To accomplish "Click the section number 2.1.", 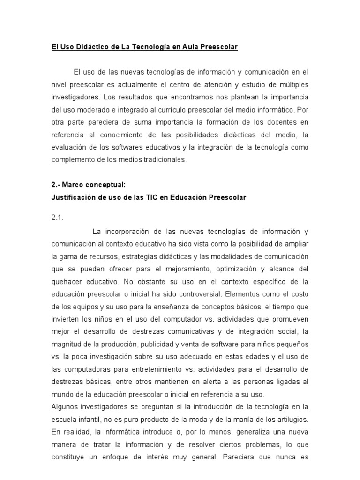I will coord(57,218).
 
